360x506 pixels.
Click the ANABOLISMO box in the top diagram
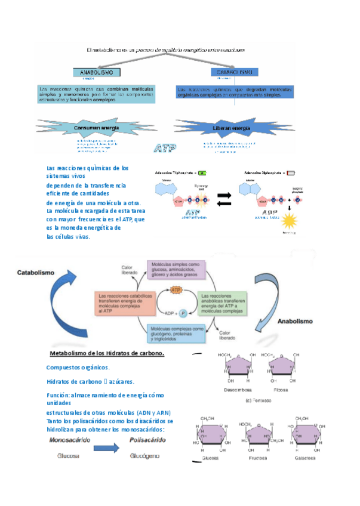tap(96, 72)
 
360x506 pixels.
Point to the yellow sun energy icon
tap(290, 221)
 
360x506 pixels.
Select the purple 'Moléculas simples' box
tap(176, 272)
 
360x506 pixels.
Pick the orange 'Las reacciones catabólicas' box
tap(124, 303)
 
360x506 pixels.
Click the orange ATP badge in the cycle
tap(176, 290)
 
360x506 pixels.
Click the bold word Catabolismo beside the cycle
tap(35, 272)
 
